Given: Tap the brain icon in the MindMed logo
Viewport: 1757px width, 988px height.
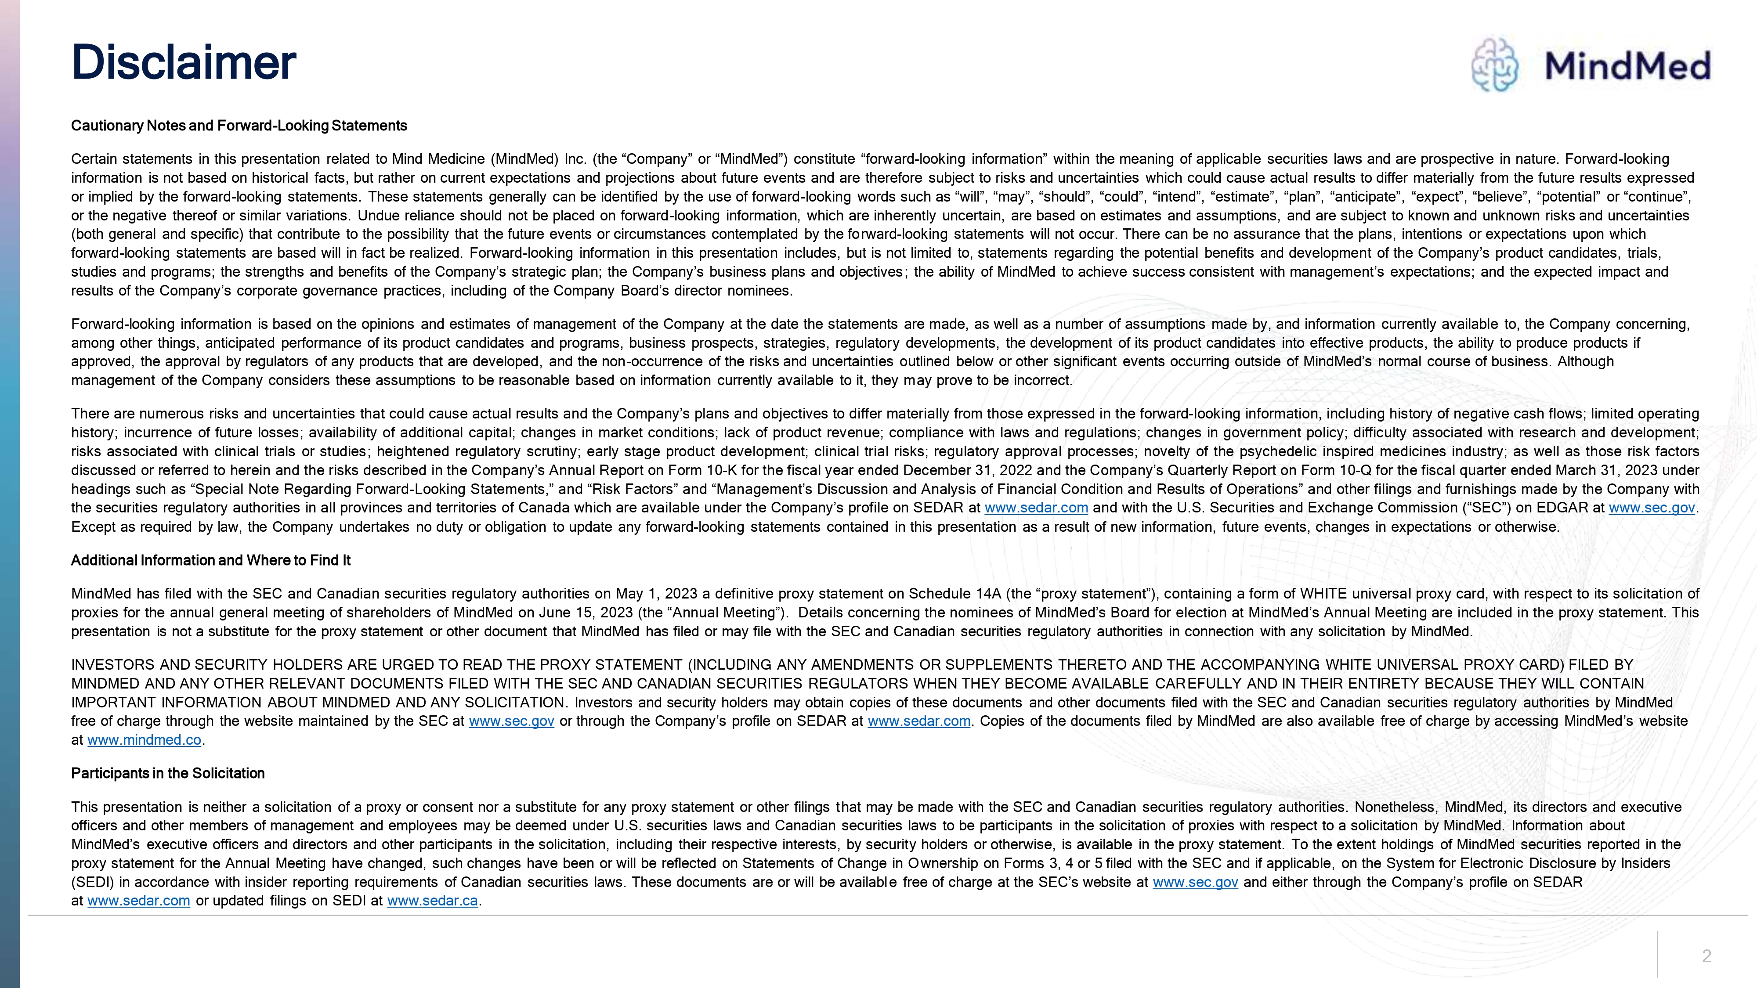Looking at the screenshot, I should pos(1494,65).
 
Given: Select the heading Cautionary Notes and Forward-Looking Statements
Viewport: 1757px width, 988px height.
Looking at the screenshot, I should pos(239,126).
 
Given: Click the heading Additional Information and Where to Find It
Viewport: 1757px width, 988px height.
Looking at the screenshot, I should pos(211,560).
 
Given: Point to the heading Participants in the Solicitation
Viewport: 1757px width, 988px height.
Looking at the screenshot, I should pos(168,773).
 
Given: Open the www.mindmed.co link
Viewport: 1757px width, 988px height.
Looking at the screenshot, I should pos(145,740).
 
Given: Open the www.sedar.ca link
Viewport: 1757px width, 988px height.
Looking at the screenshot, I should pos(432,901).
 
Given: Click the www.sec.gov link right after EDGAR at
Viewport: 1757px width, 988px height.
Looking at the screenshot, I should pos(1651,508).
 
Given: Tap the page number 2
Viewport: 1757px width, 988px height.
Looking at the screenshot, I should pos(1706,956).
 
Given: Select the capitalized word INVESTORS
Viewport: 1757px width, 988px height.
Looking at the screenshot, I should pos(112,665).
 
